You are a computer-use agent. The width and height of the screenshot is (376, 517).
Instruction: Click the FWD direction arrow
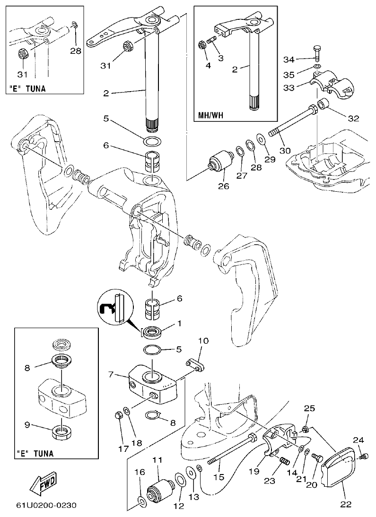43,482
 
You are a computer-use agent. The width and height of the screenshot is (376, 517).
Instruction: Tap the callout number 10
203,340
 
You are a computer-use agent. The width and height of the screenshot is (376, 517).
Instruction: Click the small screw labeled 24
364,456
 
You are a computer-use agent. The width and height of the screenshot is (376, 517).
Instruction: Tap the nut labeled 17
119,416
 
